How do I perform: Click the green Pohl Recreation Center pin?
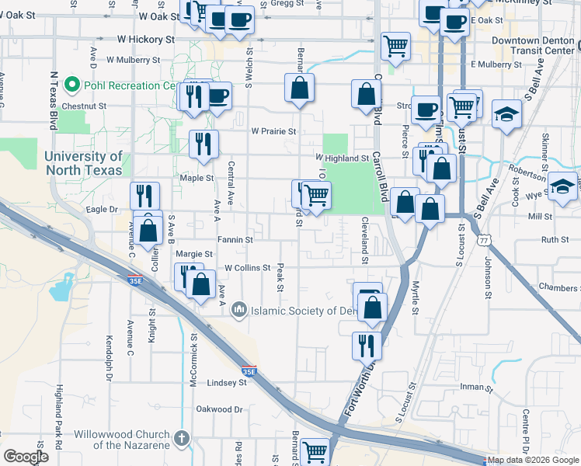pyautogui.click(x=72, y=84)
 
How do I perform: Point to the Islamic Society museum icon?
pyautogui.click(x=238, y=311)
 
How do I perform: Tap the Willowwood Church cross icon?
pyautogui.click(x=182, y=440)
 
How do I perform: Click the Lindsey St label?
pyautogui.click(x=227, y=383)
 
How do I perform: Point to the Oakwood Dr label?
pyautogui.click(x=220, y=409)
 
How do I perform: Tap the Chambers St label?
pyautogui.click(x=558, y=288)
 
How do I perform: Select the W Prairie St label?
pyautogui.click(x=273, y=131)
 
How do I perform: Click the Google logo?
pyautogui.click(x=26, y=457)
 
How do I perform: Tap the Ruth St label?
pyautogui.click(x=555, y=240)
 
